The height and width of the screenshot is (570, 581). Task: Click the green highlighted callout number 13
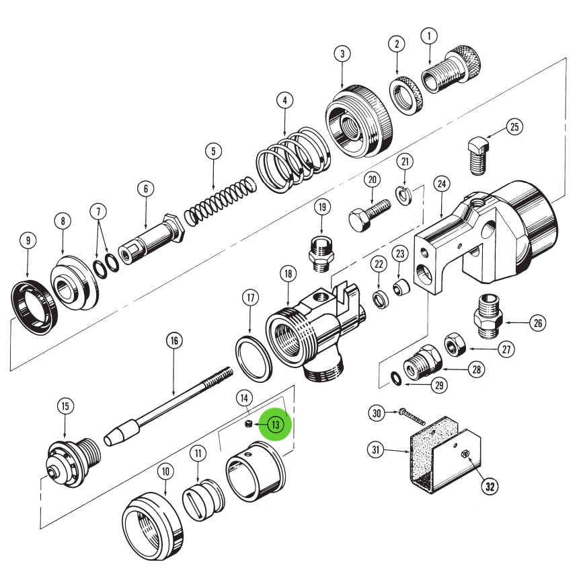[276, 425]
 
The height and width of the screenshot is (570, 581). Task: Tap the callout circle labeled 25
[514, 127]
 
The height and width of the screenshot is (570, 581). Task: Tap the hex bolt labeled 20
[368, 212]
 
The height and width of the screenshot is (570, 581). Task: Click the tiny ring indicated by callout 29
[398, 380]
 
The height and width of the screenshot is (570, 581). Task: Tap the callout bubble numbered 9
[28, 240]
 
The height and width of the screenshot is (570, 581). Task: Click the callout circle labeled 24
[441, 183]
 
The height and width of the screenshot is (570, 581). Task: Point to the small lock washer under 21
[404, 195]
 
